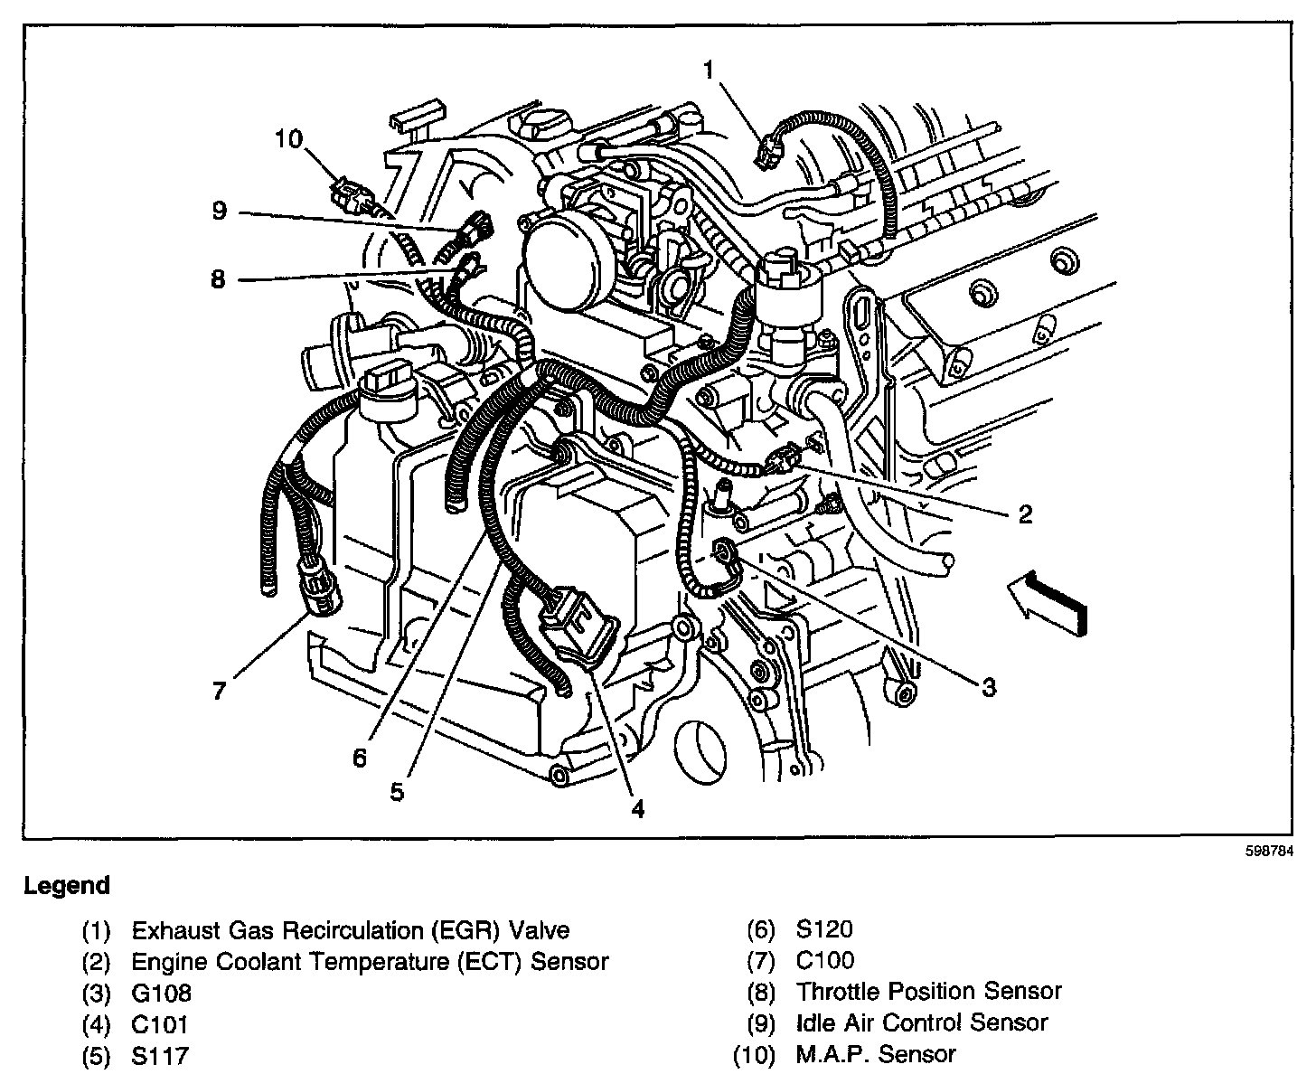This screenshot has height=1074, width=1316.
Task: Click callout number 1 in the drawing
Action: tap(710, 70)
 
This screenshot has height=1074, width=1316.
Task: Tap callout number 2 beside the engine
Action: tap(1024, 514)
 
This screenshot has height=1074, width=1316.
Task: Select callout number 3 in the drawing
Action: tap(989, 688)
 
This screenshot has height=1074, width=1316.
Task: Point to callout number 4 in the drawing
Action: tap(638, 809)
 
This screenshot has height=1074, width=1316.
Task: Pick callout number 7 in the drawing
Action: tap(219, 691)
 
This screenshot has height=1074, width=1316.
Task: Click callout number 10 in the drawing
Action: tap(289, 138)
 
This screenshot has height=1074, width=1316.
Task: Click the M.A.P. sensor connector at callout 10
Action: tap(350, 194)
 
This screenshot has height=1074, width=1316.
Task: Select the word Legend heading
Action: tap(67, 886)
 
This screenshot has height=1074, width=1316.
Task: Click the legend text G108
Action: tap(162, 993)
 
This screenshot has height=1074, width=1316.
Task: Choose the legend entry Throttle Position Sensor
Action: tap(928, 992)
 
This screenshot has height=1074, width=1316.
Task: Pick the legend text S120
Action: tap(824, 929)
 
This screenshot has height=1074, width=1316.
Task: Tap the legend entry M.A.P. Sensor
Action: tap(875, 1054)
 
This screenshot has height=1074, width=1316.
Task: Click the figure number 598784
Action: tap(1268, 852)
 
